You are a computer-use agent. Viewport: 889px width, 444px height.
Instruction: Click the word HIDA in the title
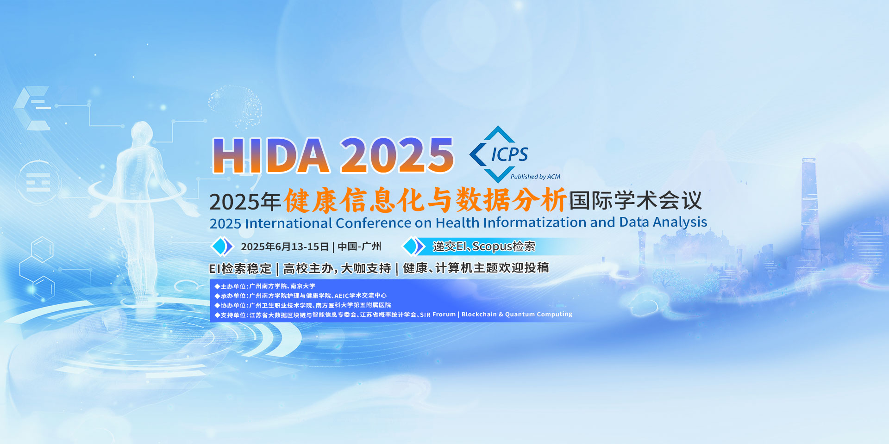pyautogui.click(x=271, y=155)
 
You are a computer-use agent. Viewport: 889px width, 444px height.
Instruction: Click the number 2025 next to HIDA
pyautogui.click(x=397, y=155)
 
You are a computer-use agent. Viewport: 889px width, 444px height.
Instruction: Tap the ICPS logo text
pyautogui.click(x=509, y=154)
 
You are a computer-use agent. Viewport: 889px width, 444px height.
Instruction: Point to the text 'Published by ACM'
pyautogui.click(x=535, y=177)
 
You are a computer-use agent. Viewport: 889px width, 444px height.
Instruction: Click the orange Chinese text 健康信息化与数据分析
pyautogui.click(x=425, y=200)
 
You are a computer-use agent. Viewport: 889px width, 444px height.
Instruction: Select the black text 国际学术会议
pyautogui.click(x=636, y=201)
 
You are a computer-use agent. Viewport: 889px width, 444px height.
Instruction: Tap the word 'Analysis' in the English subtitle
pyautogui.click(x=680, y=222)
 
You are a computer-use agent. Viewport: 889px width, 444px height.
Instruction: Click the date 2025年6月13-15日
pyautogui.click(x=285, y=247)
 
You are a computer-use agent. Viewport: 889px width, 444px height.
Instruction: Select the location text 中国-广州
pyautogui.click(x=359, y=247)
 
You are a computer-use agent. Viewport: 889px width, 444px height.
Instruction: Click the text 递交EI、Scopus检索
pyautogui.click(x=484, y=247)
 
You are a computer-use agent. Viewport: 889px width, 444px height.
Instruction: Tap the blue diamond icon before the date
pyautogui.click(x=222, y=247)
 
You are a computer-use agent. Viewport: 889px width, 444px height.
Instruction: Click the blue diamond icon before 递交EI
pyautogui.click(x=413, y=247)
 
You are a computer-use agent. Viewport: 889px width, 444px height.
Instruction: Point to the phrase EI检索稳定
pyautogui.click(x=240, y=268)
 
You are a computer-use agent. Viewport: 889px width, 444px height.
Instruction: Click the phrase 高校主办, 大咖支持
pyautogui.click(x=337, y=268)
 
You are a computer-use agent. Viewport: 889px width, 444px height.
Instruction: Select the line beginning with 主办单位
pyautogui.click(x=265, y=286)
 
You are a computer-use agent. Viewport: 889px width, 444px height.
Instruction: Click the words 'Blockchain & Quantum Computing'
pyautogui.click(x=517, y=314)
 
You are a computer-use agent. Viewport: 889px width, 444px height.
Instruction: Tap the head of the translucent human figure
pyautogui.click(x=142, y=132)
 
